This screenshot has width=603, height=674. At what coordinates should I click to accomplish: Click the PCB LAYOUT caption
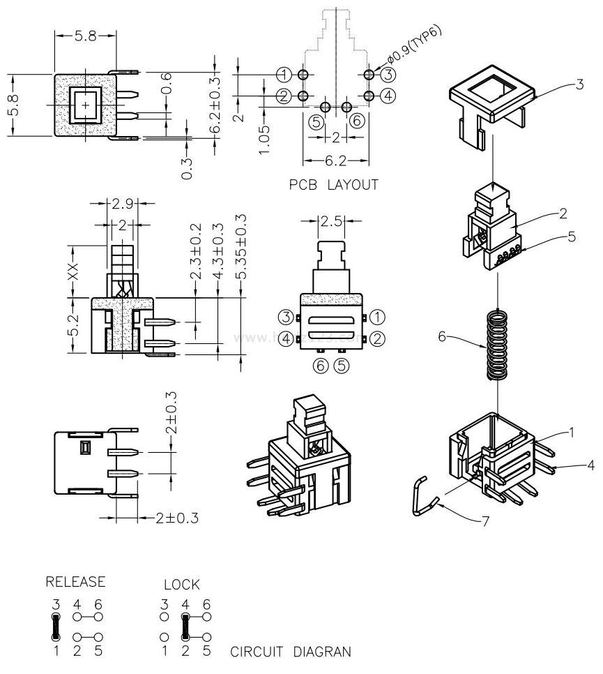coord(333,185)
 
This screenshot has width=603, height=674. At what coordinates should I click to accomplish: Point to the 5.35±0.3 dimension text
coord(241,248)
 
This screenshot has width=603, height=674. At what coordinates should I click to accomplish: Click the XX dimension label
coord(72,270)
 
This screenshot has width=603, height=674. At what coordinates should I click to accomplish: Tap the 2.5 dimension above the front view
coord(332,221)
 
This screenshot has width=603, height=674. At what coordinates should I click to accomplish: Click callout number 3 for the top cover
coord(579,85)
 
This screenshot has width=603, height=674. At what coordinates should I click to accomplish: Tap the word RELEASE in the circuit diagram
coord(76,581)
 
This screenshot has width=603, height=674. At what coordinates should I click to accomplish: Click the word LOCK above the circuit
coord(181,584)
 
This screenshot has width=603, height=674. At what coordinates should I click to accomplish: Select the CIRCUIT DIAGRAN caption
coord(290,652)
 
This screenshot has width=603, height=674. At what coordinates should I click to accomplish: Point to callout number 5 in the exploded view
coord(572,237)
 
